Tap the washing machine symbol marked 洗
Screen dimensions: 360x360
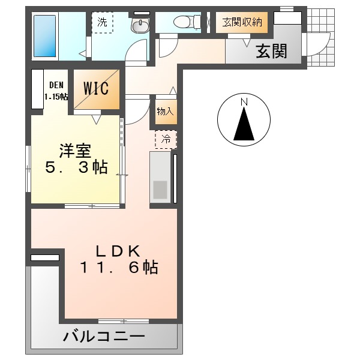coord(102,23)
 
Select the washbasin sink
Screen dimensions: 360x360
coord(140,25)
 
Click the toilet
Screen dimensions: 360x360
coord(182,22)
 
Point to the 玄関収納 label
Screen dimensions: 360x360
coord(242,22)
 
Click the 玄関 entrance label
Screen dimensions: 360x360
coord(271,52)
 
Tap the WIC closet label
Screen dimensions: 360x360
coord(95,89)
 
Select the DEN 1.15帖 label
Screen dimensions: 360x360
coord(56,91)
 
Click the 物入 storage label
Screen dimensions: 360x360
coord(165,111)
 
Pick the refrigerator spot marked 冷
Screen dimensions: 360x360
coord(166,139)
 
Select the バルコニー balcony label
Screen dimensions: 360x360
coord(104,337)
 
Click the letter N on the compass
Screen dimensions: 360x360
coord(244,102)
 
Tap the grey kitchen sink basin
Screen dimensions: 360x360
coord(160,189)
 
